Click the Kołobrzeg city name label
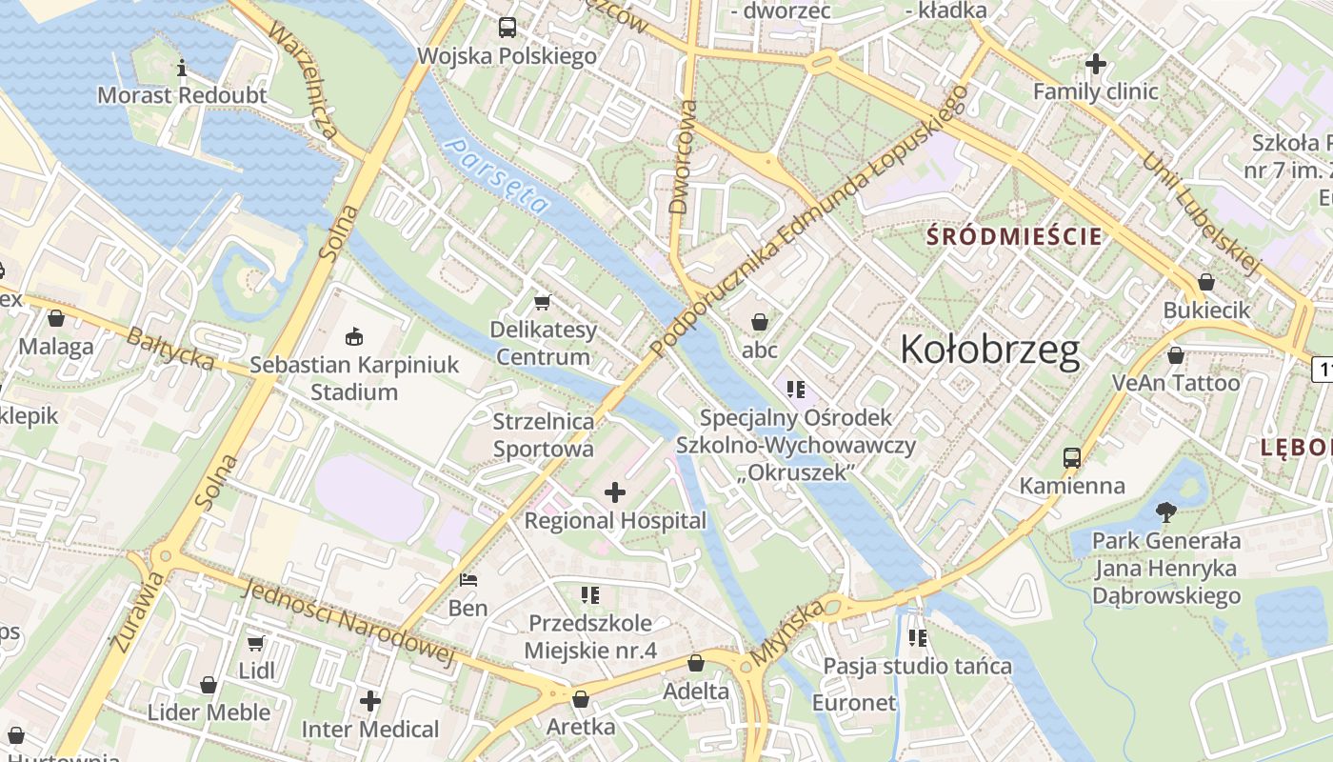(x=989, y=350)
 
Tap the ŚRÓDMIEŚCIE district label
(x=1014, y=236)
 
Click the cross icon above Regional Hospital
(x=615, y=492)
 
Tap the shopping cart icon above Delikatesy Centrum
(x=543, y=302)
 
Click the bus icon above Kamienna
(x=1072, y=457)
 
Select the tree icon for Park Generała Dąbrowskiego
(x=1165, y=512)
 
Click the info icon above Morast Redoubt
(x=182, y=68)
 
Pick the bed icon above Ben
(x=468, y=579)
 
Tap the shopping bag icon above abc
(x=760, y=322)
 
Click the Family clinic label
(x=1095, y=92)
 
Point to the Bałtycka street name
(x=170, y=349)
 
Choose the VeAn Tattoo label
(x=1176, y=383)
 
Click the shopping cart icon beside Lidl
(x=255, y=644)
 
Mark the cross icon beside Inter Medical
(x=370, y=702)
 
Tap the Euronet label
(x=854, y=703)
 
